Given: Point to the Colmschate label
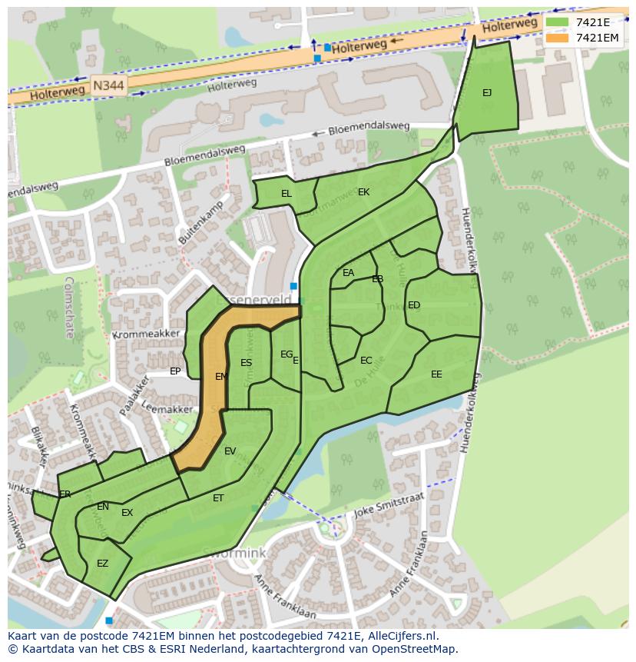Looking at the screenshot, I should [x=68, y=308].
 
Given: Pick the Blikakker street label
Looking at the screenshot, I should [x=40, y=446].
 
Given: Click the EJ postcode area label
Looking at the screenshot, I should [x=487, y=93].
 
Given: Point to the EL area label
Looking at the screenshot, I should [x=287, y=194].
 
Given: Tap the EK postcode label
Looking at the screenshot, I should [x=364, y=192].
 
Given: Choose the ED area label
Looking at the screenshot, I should [x=414, y=305].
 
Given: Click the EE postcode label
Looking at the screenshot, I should [x=436, y=374].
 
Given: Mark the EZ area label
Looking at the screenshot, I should [x=102, y=564].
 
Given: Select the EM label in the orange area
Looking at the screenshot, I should [x=221, y=377].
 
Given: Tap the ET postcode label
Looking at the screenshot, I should [x=218, y=498].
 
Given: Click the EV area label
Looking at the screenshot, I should [x=230, y=451].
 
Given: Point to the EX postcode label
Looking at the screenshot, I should [x=128, y=513].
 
